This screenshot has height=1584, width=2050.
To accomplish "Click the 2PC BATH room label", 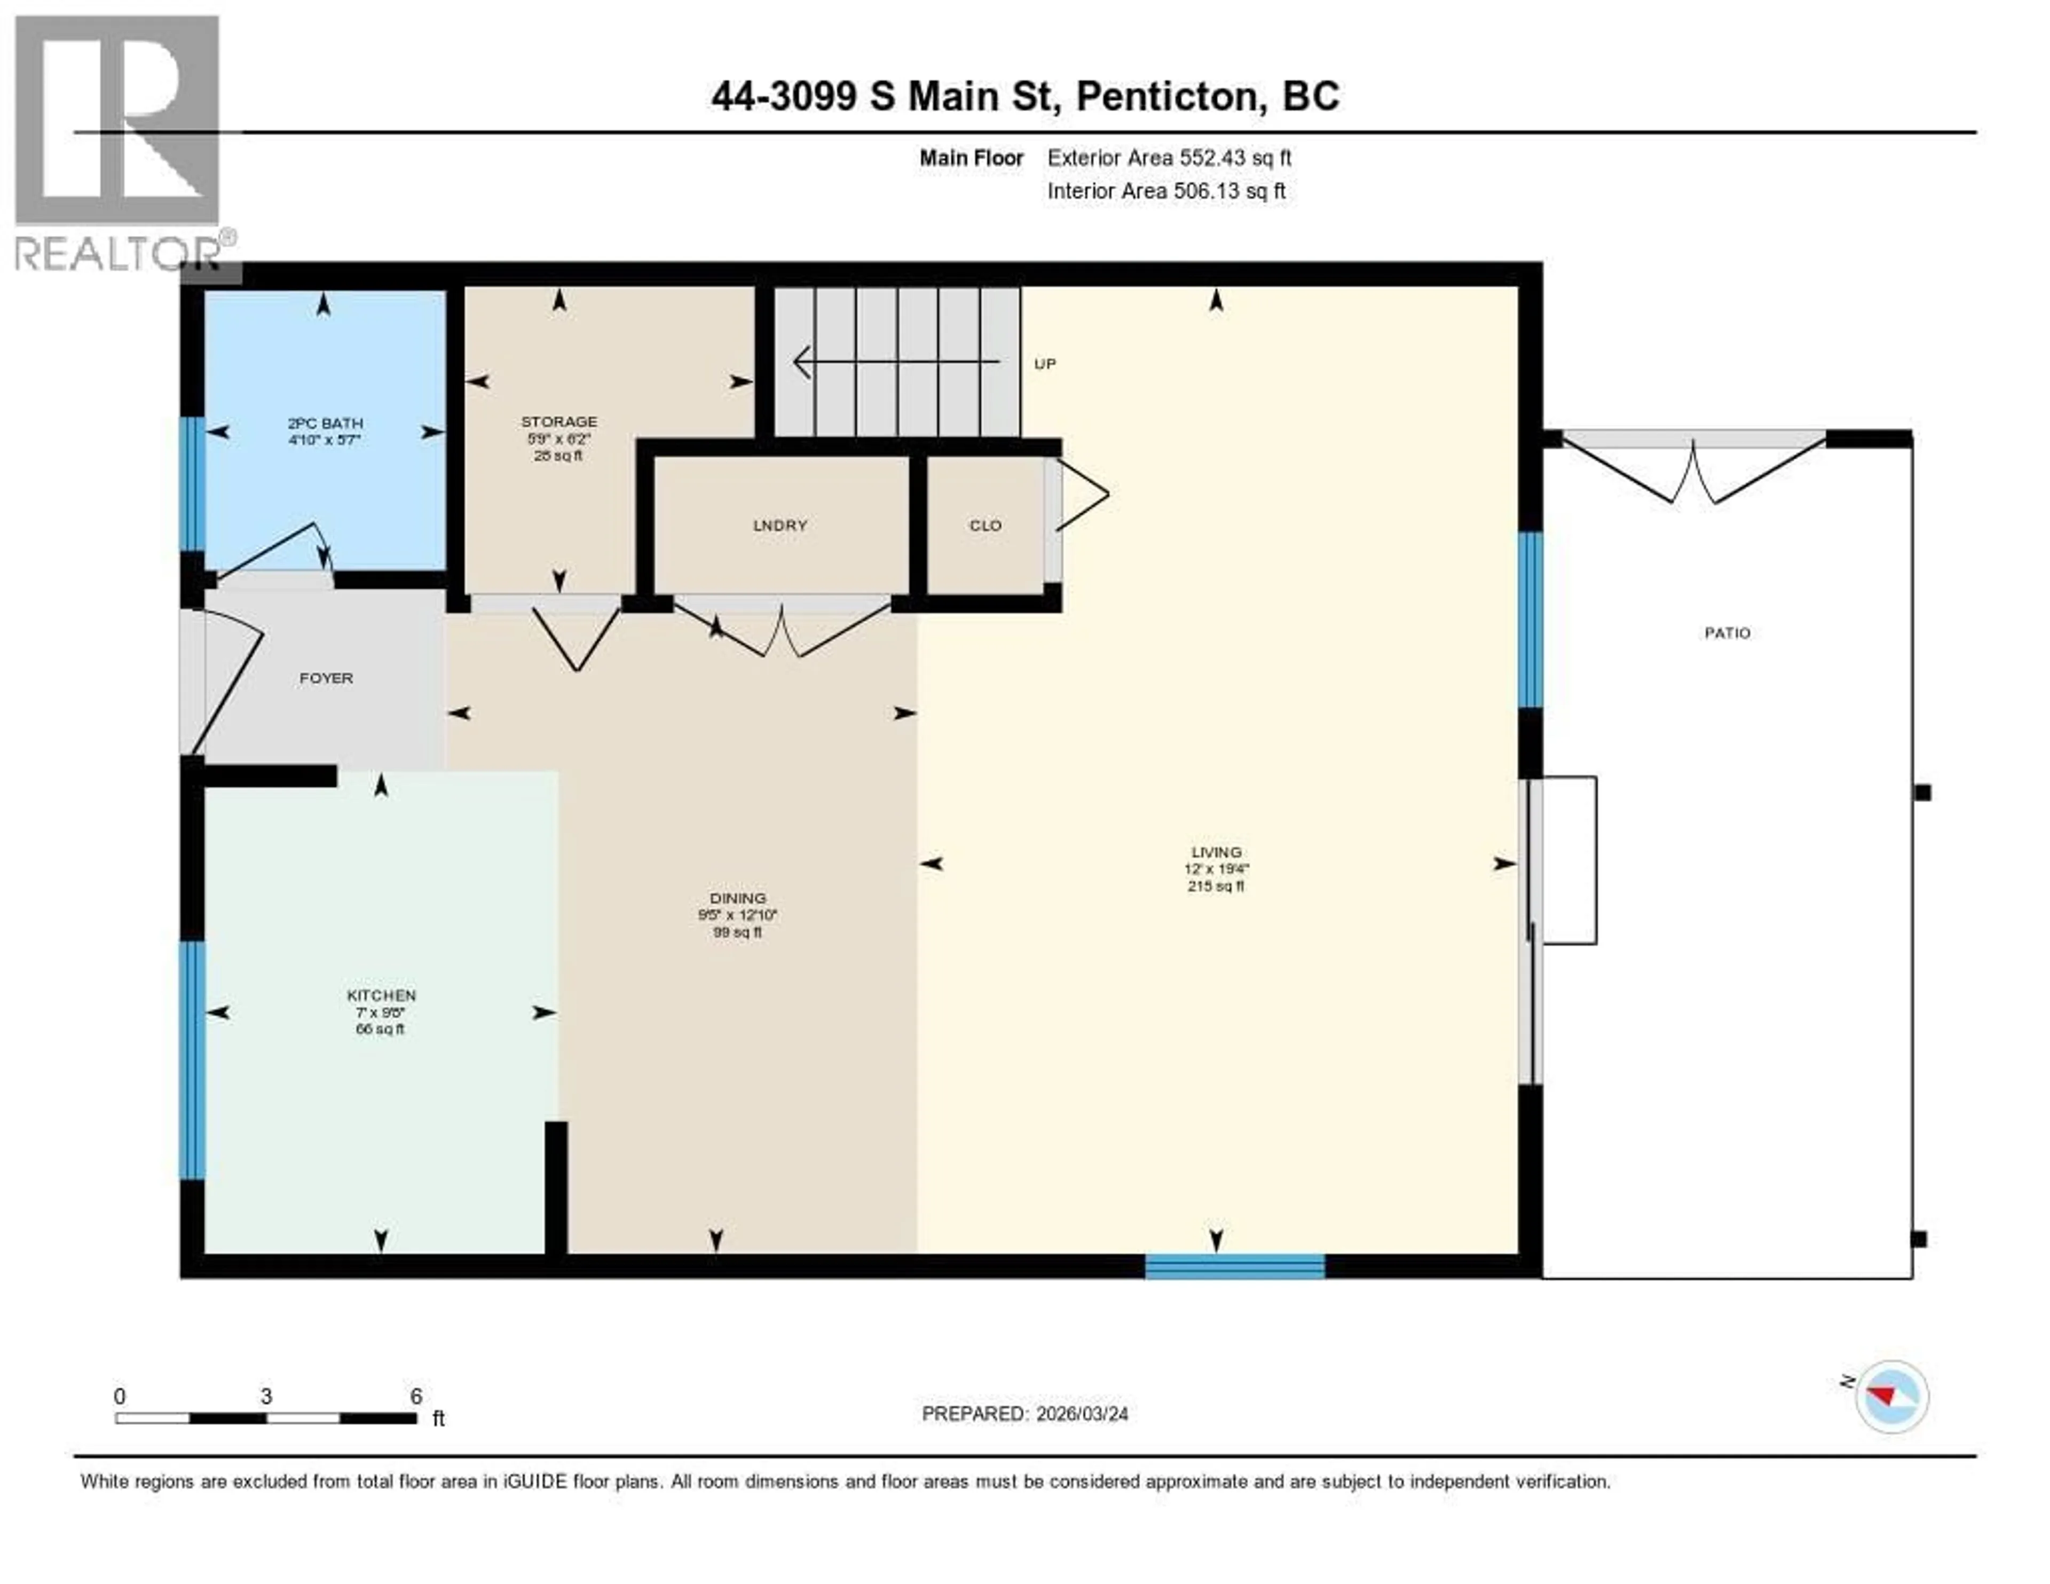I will click(325, 424).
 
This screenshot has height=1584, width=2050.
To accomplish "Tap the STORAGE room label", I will click(559, 421).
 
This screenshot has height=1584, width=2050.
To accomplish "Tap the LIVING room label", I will click(1217, 852).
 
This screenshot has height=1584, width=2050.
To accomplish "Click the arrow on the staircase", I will click(896, 362).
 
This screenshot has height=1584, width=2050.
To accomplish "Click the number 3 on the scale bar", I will click(266, 1396).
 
